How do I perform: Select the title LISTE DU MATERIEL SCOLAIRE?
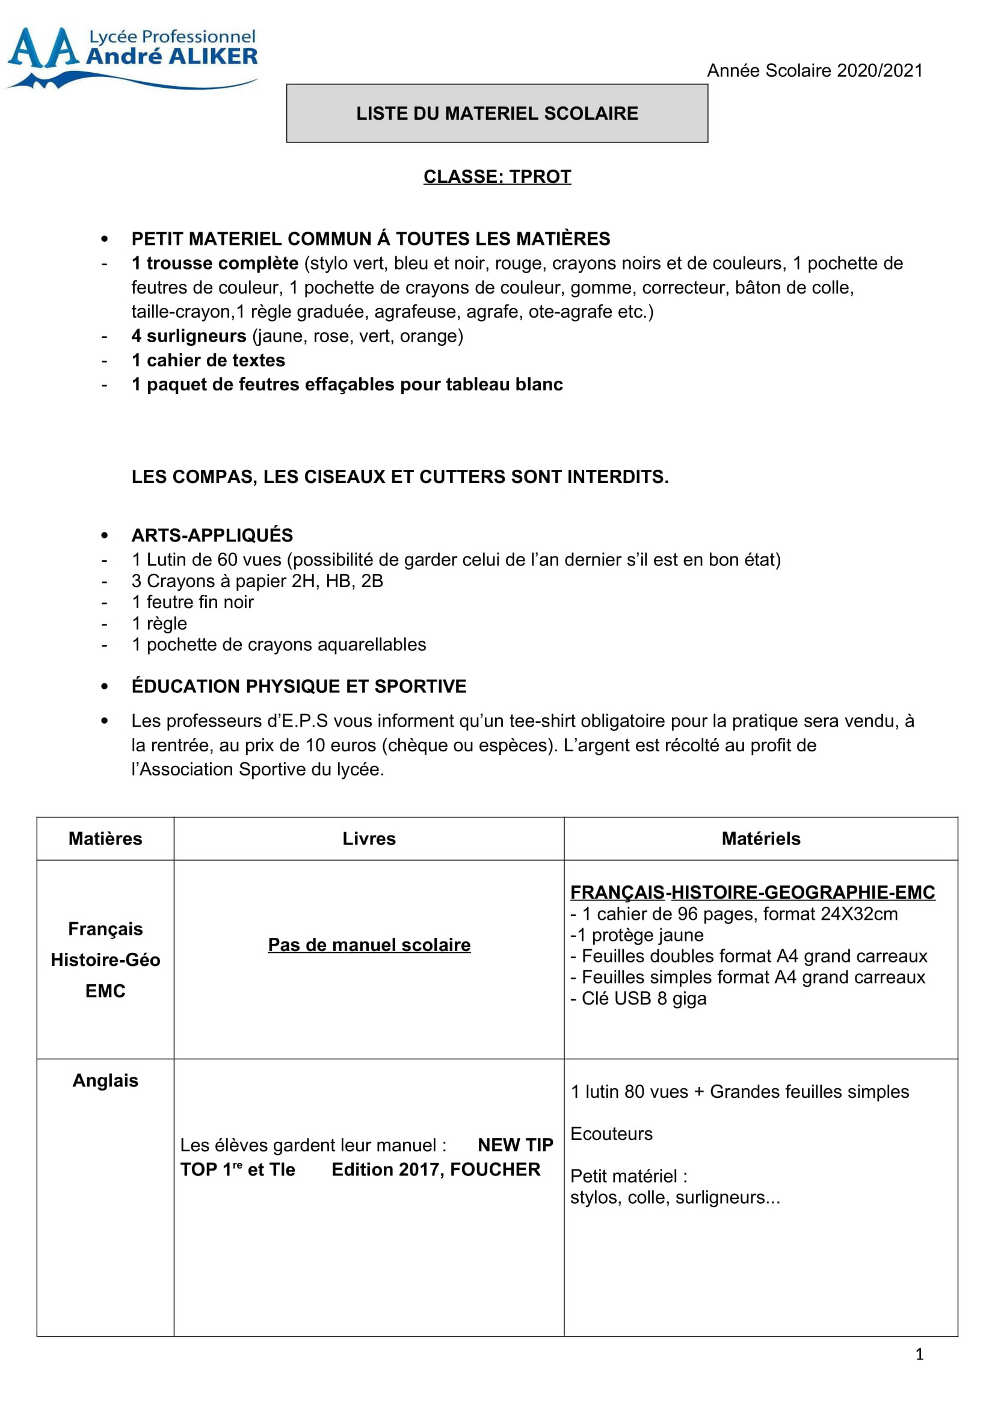(x=497, y=113)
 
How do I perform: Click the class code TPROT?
(x=540, y=176)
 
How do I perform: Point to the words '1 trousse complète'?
(x=214, y=263)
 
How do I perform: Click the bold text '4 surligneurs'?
(x=189, y=336)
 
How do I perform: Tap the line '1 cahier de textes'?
(x=208, y=360)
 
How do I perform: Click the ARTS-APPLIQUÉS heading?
(x=212, y=535)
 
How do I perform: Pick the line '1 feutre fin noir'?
(x=193, y=602)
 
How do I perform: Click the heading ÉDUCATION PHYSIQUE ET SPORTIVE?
(x=299, y=686)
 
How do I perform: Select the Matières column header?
(x=105, y=839)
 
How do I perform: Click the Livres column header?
(x=369, y=839)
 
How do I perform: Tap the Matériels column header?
(x=760, y=839)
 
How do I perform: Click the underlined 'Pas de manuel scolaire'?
(x=369, y=944)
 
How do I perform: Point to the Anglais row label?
(x=105, y=1080)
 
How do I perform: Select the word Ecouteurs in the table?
(x=611, y=1134)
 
